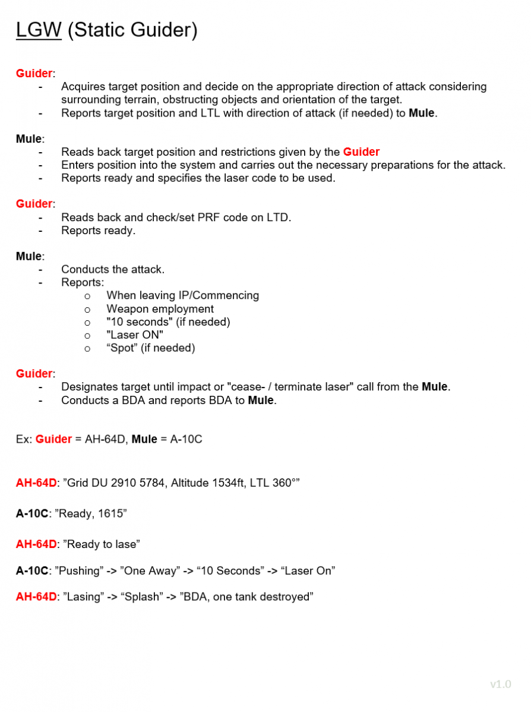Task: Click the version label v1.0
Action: pos(500,685)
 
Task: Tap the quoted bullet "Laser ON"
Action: pos(135,335)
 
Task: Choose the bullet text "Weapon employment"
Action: pos(160,309)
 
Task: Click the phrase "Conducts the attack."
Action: pos(112,270)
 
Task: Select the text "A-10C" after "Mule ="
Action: pos(186,440)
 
